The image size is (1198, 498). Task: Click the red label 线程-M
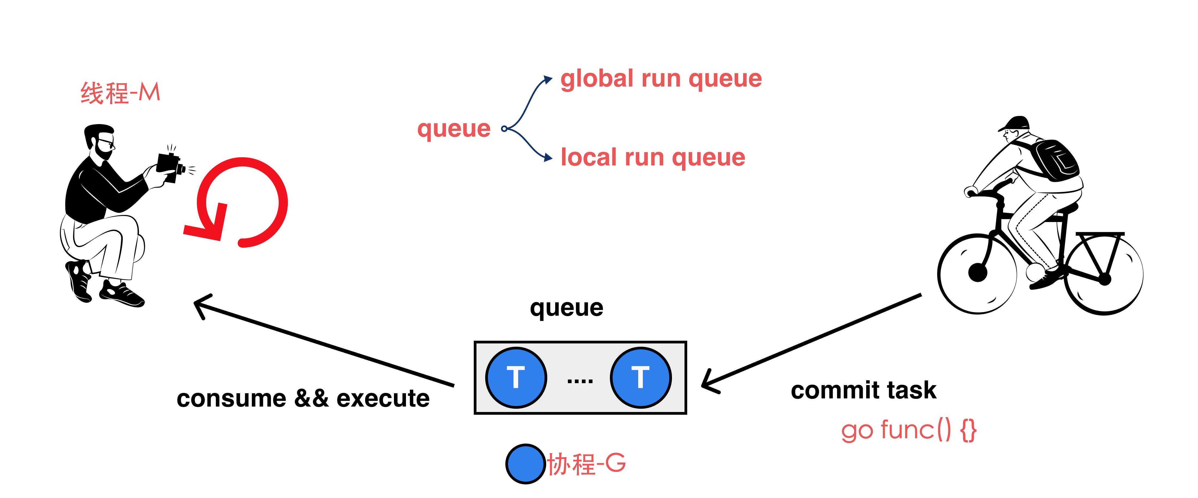[x=120, y=93]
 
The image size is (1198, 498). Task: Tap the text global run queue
[x=661, y=79]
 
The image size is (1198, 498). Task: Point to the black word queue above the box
[x=566, y=308]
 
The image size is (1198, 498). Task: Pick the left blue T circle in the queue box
[x=516, y=377]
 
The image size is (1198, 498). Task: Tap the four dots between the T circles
[x=580, y=381]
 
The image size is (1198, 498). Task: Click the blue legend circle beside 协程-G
[x=525, y=464]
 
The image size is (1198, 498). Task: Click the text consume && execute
[x=303, y=398]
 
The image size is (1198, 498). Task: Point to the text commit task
[x=863, y=390]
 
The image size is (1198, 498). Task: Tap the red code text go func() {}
[x=908, y=430]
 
